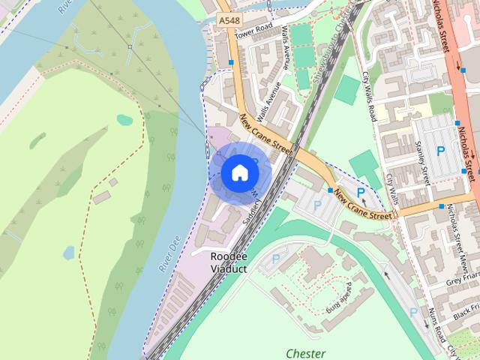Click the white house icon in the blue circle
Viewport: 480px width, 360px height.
[x=238, y=173]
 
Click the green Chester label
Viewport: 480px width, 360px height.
[x=305, y=352]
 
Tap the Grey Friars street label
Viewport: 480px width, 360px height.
[x=462, y=281]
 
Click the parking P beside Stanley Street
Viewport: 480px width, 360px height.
[x=441, y=151]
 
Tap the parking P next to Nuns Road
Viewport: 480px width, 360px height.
[x=413, y=312]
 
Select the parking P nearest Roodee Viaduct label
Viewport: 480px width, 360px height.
[x=276, y=259]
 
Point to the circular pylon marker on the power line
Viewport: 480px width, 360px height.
[x=130, y=46]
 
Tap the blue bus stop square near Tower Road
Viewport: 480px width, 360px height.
[x=231, y=62]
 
